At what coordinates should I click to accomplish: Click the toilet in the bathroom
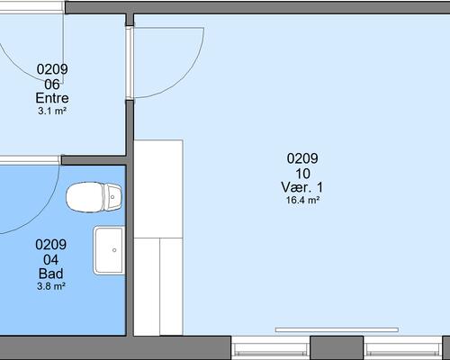94,197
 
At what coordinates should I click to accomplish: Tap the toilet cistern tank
112,197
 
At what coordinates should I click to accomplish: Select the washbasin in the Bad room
109,250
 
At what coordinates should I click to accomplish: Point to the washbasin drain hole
114,250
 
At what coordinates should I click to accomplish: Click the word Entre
52,98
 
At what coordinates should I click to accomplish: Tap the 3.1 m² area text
52,111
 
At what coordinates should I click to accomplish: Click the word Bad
51,274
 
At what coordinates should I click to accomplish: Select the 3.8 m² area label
51,286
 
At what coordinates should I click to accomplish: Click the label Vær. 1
302,187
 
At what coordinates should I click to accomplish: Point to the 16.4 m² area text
302,200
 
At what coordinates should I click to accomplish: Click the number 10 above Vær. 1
302,174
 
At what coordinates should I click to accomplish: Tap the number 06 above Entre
52,85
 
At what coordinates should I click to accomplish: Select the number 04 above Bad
50,260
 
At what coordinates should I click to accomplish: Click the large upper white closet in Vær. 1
158,189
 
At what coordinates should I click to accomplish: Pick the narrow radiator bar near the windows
337,330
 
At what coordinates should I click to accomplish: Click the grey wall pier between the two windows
337,347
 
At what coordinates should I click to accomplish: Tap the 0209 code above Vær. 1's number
302,158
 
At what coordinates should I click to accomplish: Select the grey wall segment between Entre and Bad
94,160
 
